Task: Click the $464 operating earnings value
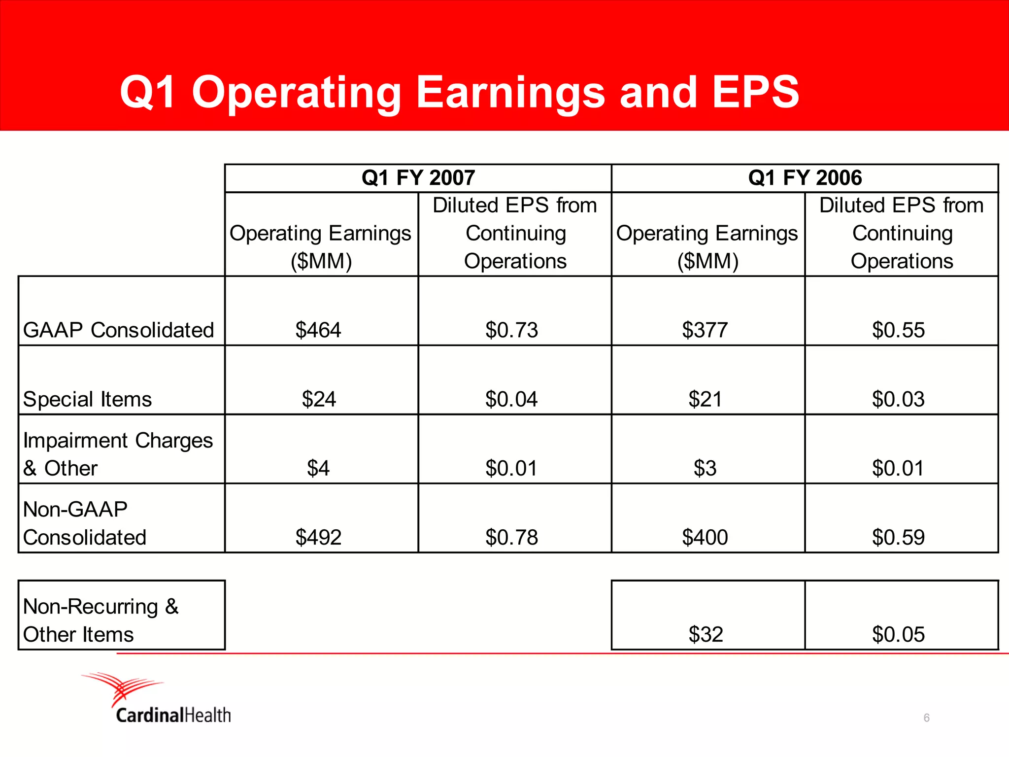318,330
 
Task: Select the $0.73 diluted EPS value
511,330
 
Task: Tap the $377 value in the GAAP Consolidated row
705,330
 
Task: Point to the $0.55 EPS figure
898,330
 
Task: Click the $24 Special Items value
319,399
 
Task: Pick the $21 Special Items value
705,399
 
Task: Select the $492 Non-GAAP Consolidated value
318,537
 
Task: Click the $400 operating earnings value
705,537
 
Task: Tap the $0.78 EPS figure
511,537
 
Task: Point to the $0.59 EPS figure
898,537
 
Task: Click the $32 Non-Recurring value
706,634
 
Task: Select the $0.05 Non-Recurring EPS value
898,634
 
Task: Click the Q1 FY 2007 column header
418,177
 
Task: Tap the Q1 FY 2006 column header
805,177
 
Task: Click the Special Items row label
87,399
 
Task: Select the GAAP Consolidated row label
118,330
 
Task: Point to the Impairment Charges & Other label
117,454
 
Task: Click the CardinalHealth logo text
173,715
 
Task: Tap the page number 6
926,718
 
